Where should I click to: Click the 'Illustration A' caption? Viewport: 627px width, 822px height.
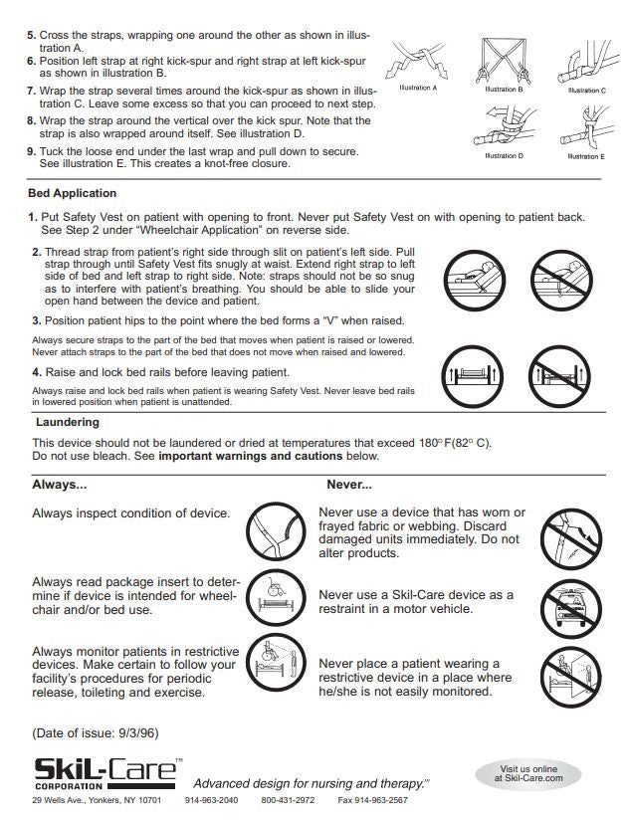418,89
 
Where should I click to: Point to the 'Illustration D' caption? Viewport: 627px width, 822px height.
504,156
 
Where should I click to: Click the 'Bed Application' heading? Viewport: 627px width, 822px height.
73,193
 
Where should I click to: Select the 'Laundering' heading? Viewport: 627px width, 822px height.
68,423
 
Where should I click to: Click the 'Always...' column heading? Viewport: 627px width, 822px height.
59,486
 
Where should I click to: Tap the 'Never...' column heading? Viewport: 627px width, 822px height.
349,486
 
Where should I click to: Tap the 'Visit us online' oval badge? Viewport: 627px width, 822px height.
529,773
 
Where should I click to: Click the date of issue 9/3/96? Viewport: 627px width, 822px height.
95,733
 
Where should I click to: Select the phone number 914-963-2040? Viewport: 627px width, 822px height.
211,800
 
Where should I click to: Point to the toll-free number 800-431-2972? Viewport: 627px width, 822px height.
288,800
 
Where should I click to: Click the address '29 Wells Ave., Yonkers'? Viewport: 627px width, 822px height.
97,800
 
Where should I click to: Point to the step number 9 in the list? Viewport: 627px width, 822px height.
32,151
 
